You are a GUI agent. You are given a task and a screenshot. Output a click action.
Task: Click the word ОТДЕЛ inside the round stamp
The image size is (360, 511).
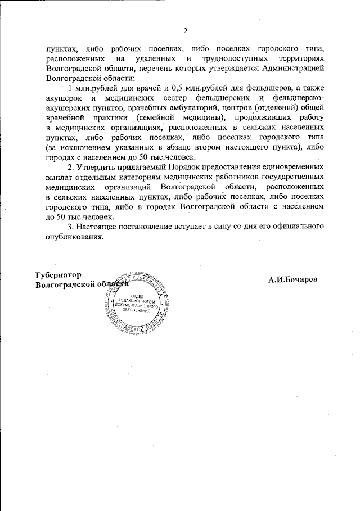pos(138,296)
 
